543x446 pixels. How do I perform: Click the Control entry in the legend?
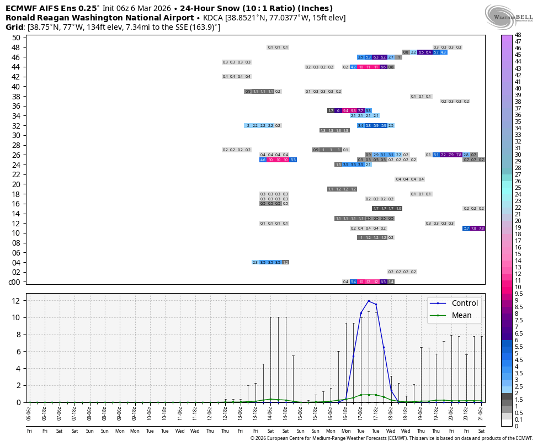[x=465, y=303]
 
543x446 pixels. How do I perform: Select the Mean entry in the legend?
[x=461, y=315]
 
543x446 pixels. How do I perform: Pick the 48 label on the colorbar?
[x=518, y=35]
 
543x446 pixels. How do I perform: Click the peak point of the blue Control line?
[x=369, y=301]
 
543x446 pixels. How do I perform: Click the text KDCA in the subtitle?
[x=212, y=18]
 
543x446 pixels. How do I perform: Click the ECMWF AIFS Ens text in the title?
[x=42, y=8]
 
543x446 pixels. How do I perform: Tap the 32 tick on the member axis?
[x=16, y=125]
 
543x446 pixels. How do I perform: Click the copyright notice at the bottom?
[x=391, y=438]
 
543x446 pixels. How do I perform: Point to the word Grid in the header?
[x=14, y=27]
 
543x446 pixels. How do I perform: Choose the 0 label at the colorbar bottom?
[x=517, y=426]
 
